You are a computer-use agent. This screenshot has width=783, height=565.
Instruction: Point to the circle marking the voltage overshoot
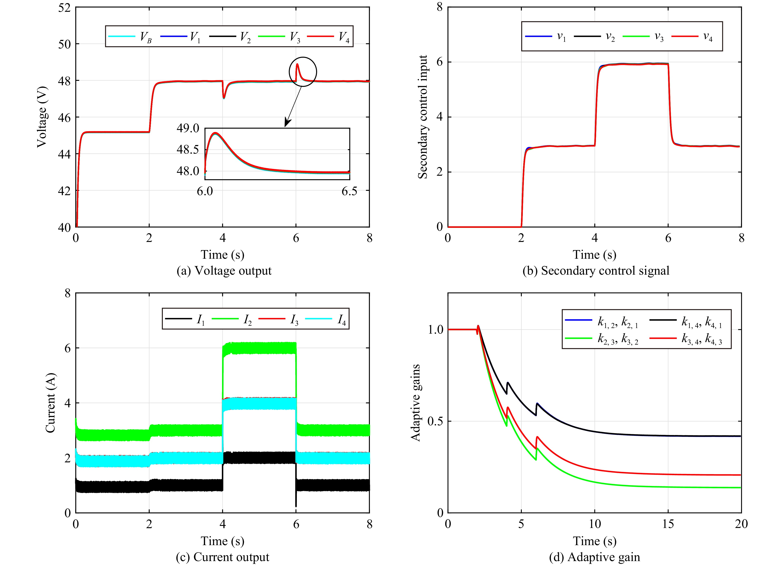pyautogui.click(x=303, y=71)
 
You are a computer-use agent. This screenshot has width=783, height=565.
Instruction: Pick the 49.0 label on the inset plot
pyautogui.click(x=188, y=128)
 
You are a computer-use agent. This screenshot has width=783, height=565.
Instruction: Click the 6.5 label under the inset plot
pyautogui.click(x=349, y=191)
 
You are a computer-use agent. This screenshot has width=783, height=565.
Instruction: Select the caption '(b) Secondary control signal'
pyautogui.click(x=596, y=271)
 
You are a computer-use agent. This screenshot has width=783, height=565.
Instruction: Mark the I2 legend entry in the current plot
pyautogui.click(x=232, y=319)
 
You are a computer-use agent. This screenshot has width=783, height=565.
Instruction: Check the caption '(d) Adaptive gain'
pyautogui.click(x=594, y=557)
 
